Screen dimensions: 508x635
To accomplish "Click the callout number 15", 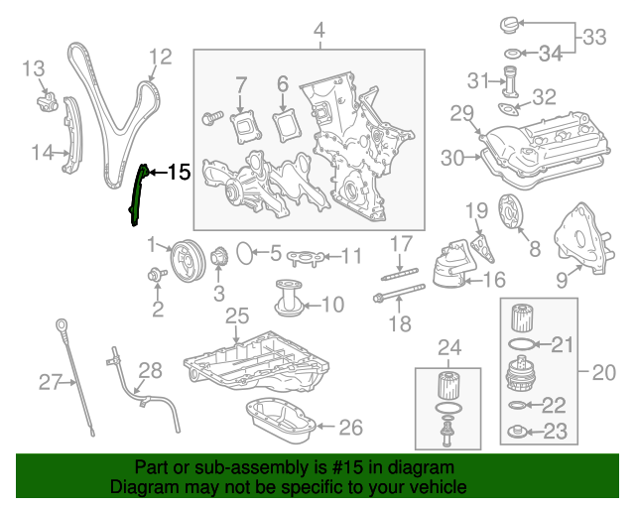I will click(x=178, y=173).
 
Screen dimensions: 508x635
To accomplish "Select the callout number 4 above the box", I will click(x=319, y=35).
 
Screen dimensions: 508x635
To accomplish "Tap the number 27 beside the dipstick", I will click(x=50, y=380).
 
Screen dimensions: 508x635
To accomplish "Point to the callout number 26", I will click(x=351, y=428).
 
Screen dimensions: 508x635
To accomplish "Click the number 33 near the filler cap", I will click(x=594, y=38).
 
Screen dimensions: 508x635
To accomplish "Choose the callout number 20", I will click(x=604, y=373).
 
